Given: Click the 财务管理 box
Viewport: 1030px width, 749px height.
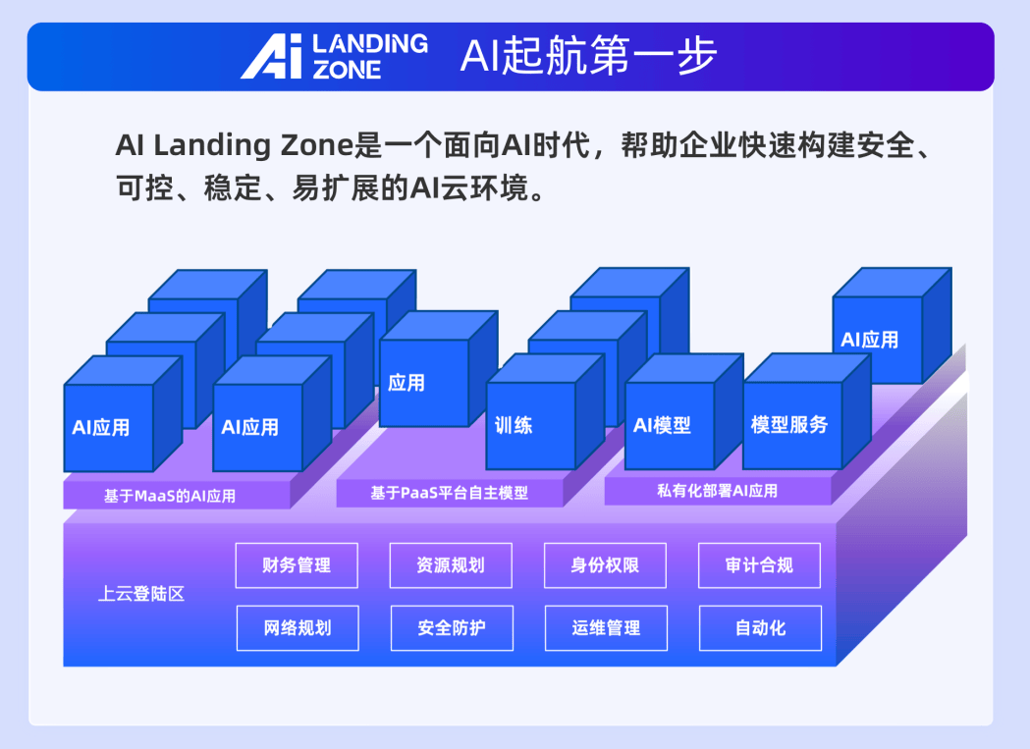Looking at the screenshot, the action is (x=297, y=565).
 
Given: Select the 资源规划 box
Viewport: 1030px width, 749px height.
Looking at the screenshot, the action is (x=451, y=565).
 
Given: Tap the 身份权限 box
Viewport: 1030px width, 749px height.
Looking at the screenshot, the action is (x=605, y=565).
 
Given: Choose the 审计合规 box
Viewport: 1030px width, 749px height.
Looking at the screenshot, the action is (x=759, y=565).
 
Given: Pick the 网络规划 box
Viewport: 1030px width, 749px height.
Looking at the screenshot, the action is (x=298, y=628).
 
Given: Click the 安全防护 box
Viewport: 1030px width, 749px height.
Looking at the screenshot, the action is (x=452, y=628).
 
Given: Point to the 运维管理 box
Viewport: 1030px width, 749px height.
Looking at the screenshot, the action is (x=606, y=628).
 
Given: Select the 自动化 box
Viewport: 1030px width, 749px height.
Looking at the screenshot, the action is (x=761, y=628).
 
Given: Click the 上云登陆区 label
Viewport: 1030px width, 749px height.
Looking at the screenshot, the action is (x=141, y=594).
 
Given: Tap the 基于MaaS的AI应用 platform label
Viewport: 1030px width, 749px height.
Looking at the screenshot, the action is (x=170, y=496).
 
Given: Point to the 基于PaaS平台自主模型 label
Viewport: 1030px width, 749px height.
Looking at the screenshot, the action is (x=450, y=493).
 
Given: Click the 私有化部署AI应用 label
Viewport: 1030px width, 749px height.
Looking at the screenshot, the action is (x=718, y=491).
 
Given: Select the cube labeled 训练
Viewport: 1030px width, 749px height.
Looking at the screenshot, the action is (x=545, y=412).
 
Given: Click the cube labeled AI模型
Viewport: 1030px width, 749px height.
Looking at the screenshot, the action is (x=683, y=412).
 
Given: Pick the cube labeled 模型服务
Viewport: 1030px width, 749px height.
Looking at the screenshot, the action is (x=807, y=411).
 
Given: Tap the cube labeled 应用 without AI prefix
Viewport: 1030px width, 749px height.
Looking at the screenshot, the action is (x=439, y=368).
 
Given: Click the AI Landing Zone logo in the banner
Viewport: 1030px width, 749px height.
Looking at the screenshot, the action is (x=335, y=57).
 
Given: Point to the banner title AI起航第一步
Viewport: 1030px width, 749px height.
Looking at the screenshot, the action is (x=588, y=55).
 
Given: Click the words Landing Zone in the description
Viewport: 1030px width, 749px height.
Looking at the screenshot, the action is (x=253, y=145).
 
